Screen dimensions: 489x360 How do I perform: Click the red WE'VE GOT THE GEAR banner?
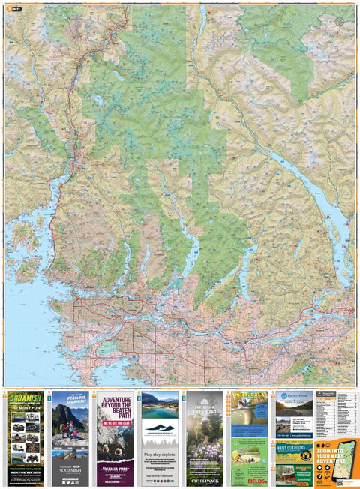(114, 421)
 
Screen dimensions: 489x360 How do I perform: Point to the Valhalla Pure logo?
(114, 469)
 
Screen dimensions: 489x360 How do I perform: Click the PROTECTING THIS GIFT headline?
(204, 409)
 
